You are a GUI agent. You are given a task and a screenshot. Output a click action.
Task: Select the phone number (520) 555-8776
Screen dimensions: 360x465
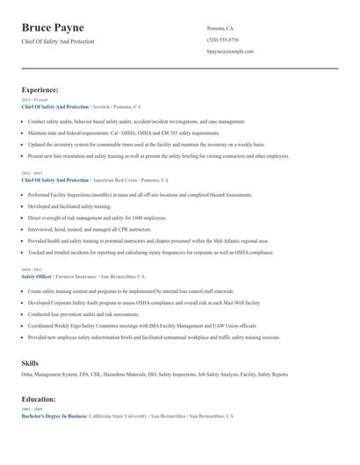(x=222, y=40)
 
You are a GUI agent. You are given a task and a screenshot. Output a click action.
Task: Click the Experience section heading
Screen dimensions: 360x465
(x=40, y=89)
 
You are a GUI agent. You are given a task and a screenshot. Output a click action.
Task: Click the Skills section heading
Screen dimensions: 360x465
(x=30, y=362)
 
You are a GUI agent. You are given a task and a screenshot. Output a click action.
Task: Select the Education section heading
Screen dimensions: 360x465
(x=39, y=399)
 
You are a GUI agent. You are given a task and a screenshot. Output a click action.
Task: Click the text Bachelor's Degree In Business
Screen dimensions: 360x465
(x=54, y=416)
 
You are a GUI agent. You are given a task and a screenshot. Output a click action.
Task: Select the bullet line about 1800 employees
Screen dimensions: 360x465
(x=97, y=217)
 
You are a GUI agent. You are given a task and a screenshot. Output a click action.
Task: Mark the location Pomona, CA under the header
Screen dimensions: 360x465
(x=220, y=28)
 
